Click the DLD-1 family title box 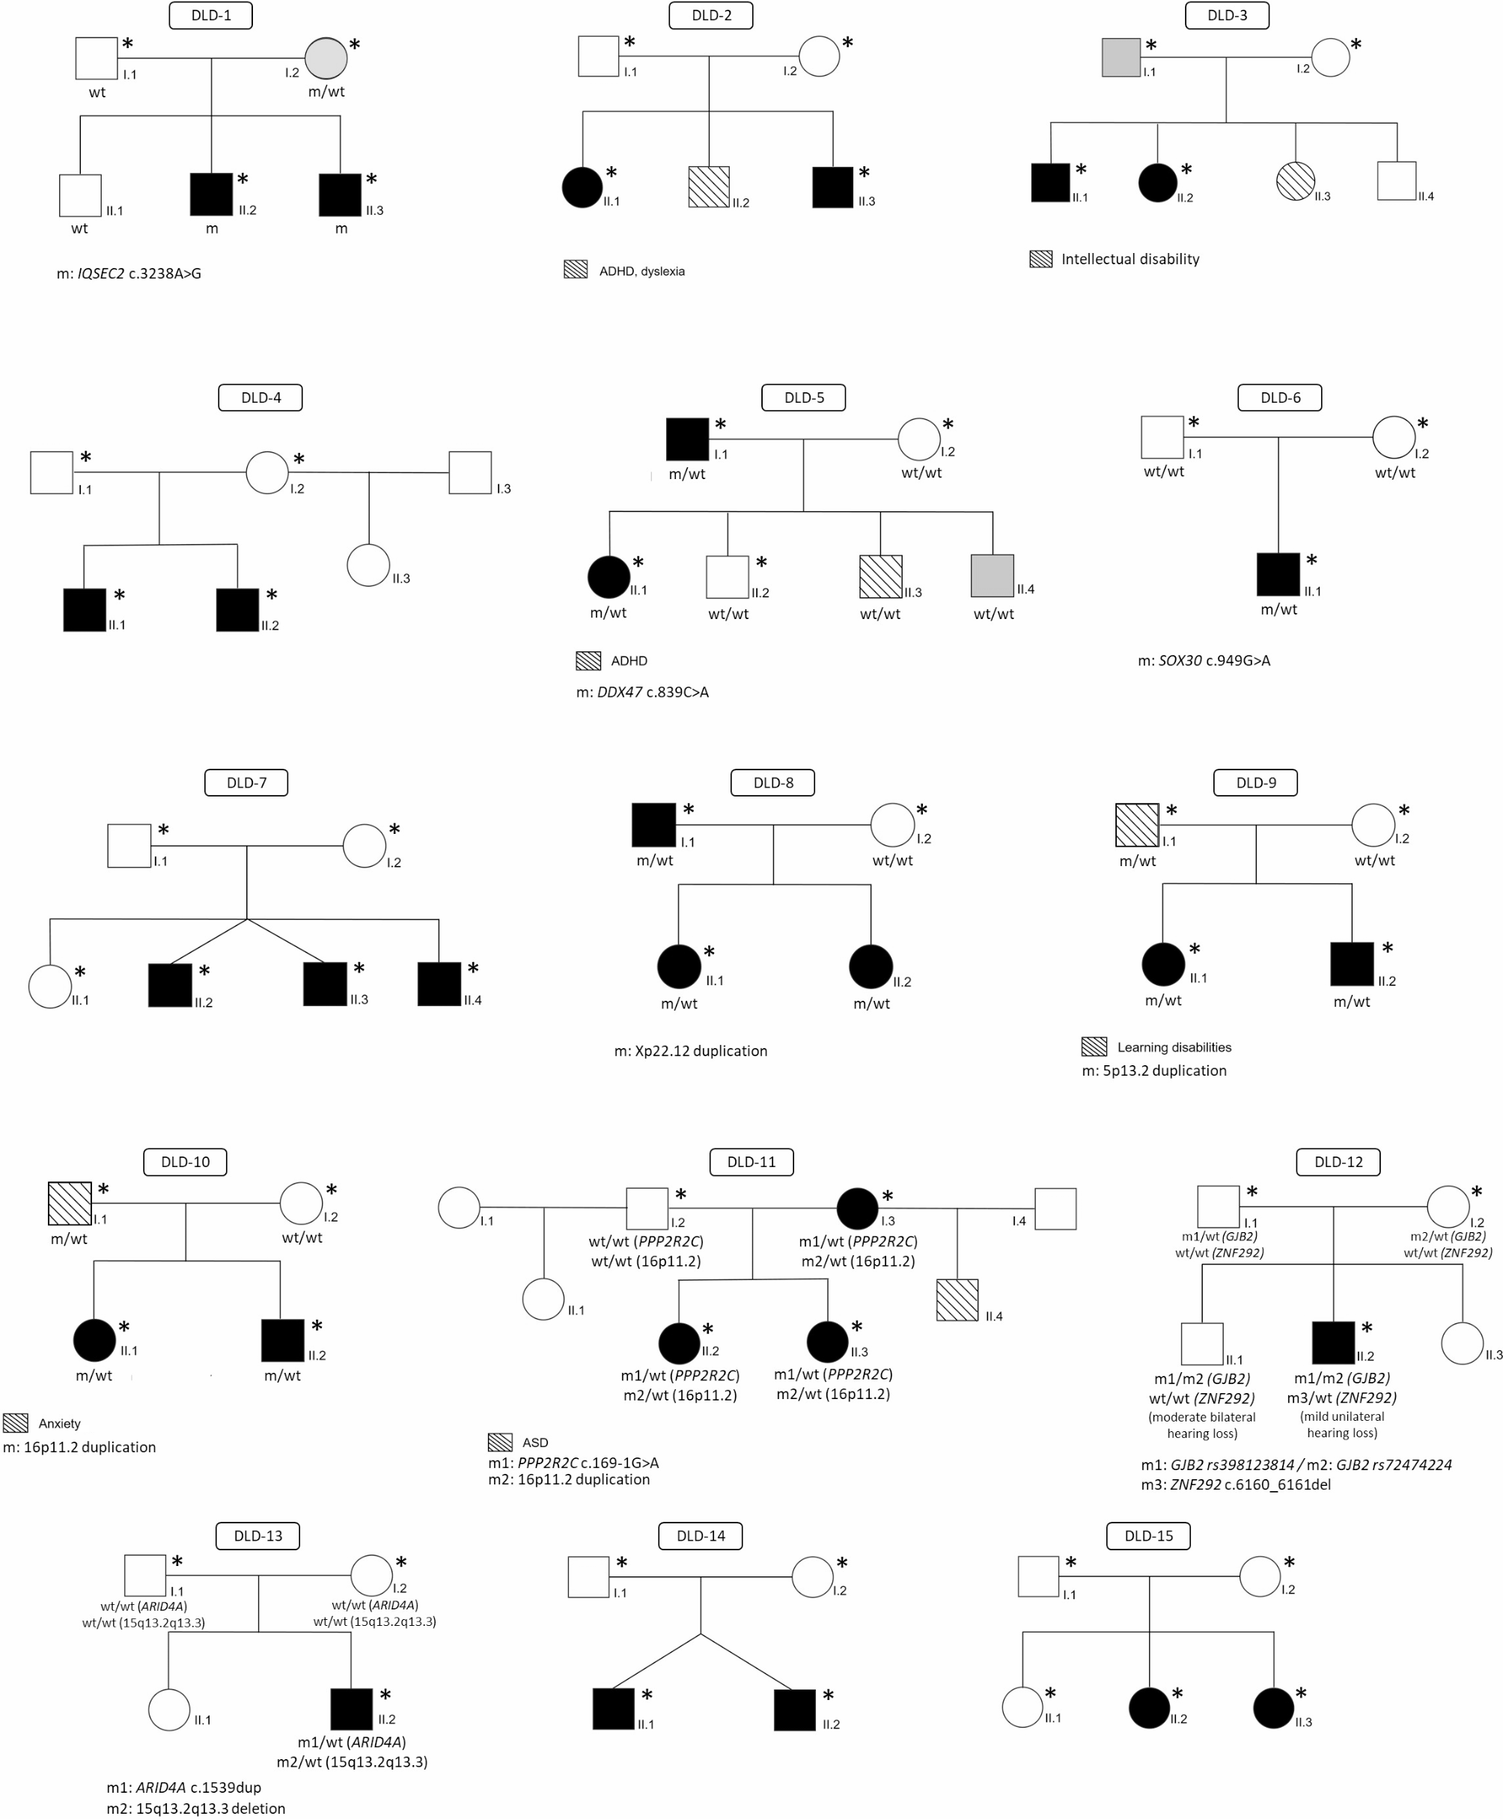pyautogui.click(x=210, y=16)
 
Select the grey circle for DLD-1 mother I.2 pyautogui.click(x=326, y=58)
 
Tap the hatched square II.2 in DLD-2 pyautogui.click(x=709, y=187)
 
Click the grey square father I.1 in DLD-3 pyautogui.click(x=1121, y=58)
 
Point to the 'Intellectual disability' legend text pyautogui.click(x=1129, y=259)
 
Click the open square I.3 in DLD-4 pyautogui.click(x=470, y=472)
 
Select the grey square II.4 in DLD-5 pyautogui.click(x=993, y=576)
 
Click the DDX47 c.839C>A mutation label pyautogui.click(x=642, y=692)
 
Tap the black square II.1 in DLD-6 pyautogui.click(x=1278, y=574)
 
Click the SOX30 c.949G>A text pyautogui.click(x=1204, y=660)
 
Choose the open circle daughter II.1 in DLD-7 pyautogui.click(x=50, y=986)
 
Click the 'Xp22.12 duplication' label pyautogui.click(x=691, y=1050)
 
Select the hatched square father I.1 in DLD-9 pyautogui.click(x=1137, y=824)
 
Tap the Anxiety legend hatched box pyautogui.click(x=16, y=1422)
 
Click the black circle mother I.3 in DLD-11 pyautogui.click(x=857, y=1207)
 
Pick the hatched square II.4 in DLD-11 pyautogui.click(x=957, y=1299)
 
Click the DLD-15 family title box pyautogui.click(x=1148, y=1535)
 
